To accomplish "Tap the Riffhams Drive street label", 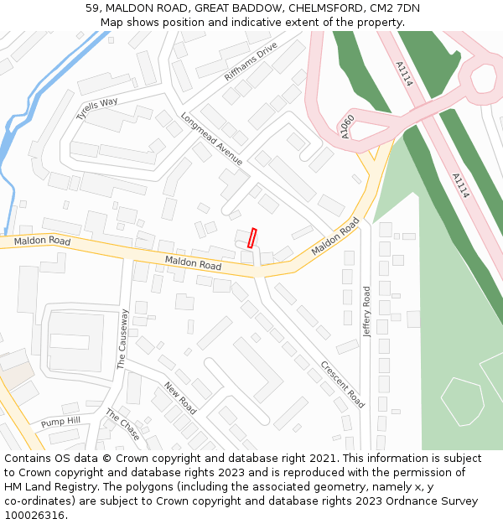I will point(251,62).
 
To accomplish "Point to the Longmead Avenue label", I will point(211,138).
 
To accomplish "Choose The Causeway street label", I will point(122,339).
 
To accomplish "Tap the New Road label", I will point(180,398).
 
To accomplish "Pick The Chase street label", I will point(122,424).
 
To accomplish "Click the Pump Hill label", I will point(60,422).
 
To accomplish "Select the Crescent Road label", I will point(342,384).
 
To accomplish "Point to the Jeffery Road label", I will point(366,312).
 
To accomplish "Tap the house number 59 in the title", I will point(92,8).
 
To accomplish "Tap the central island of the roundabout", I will point(484,78).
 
